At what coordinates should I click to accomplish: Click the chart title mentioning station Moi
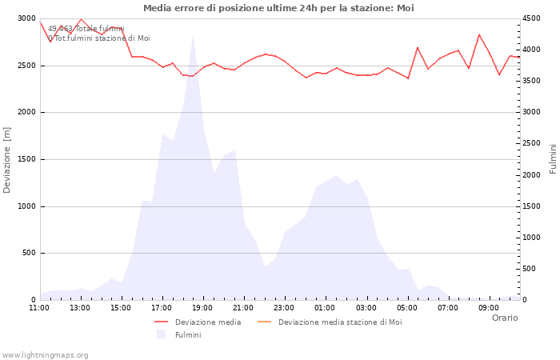[278, 8]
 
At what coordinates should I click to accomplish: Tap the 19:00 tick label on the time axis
[203, 307]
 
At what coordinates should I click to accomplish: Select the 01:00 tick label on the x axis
[326, 307]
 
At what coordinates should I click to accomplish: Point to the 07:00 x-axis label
[448, 307]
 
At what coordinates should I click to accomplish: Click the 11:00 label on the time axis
[39, 307]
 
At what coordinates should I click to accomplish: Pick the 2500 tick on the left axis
[27, 66]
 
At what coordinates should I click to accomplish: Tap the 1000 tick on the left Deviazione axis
[27, 206]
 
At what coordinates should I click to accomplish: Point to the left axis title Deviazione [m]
[7, 159]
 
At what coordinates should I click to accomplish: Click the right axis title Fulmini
[553, 159]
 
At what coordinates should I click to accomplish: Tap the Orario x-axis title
[505, 318]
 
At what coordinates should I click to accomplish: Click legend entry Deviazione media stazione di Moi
[340, 322]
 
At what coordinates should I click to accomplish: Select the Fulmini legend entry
[188, 335]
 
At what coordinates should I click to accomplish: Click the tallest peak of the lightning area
[193, 36]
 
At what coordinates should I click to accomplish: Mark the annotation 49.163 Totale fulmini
[86, 29]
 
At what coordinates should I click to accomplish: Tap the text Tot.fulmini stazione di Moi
[98, 38]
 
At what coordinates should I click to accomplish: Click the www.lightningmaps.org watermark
[46, 354]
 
